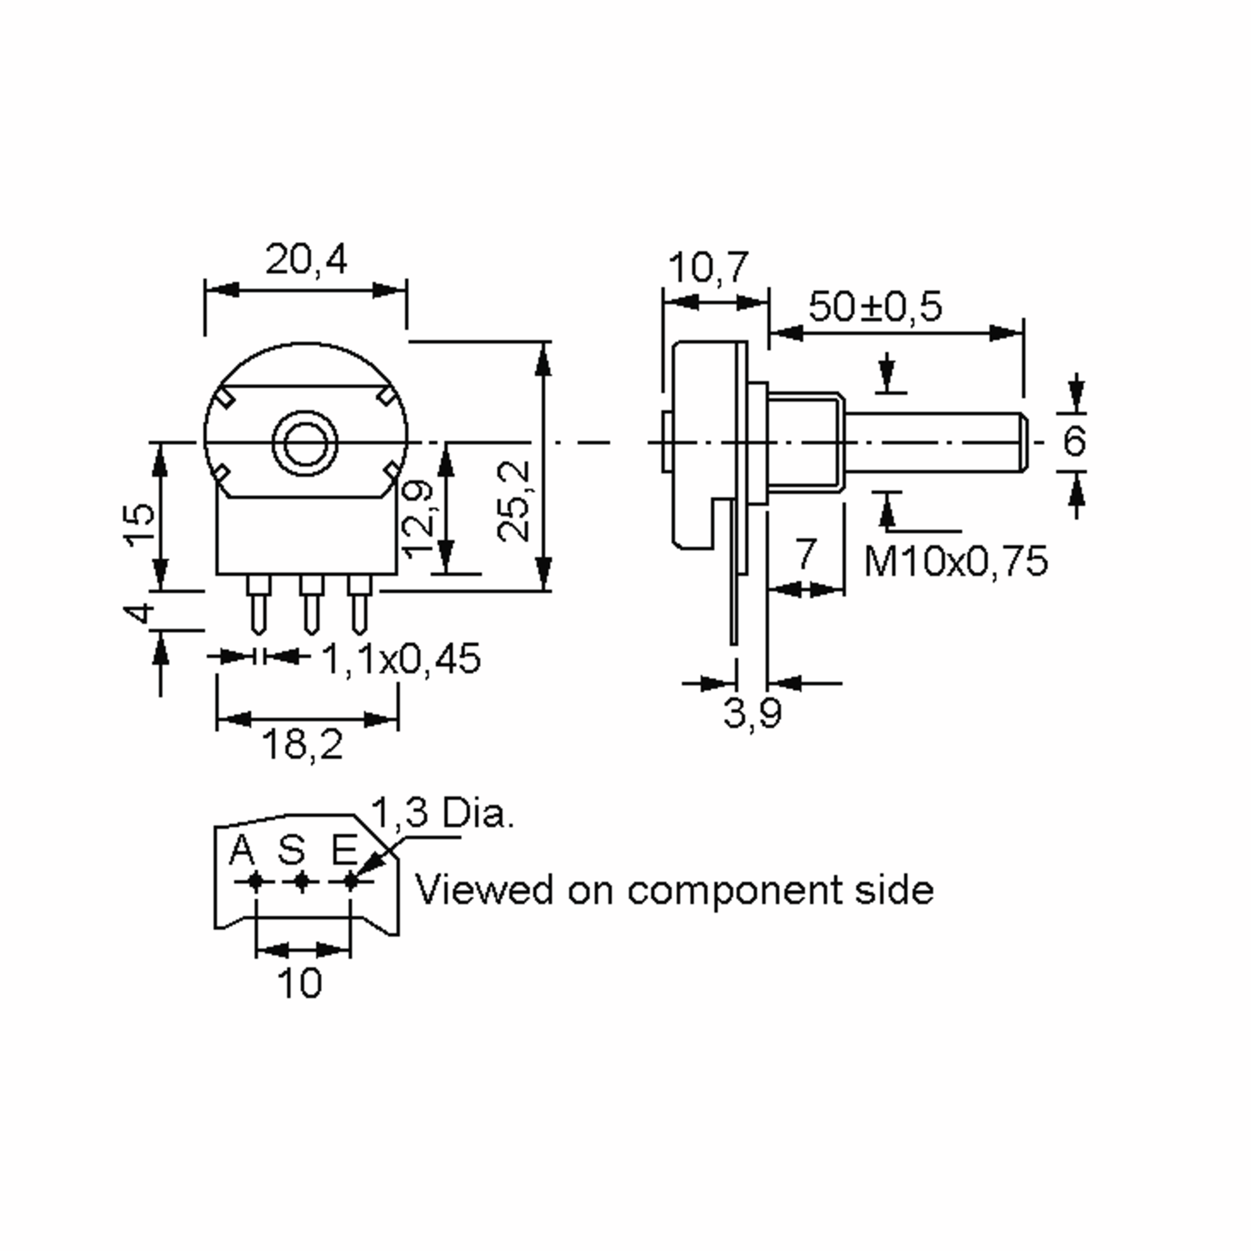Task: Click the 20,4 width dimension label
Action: click(305, 260)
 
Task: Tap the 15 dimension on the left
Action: click(141, 525)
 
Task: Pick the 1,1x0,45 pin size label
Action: click(401, 659)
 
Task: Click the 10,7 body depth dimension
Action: click(708, 267)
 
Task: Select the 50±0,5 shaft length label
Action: click(876, 307)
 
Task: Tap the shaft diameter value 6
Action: click(1074, 441)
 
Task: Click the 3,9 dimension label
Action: click(752, 713)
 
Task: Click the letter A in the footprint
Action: click(242, 850)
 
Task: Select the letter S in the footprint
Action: click(291, 850)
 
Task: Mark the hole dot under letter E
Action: click(350, 881)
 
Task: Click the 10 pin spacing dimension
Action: click(299, 983)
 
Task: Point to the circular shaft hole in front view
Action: click(305, 442)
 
